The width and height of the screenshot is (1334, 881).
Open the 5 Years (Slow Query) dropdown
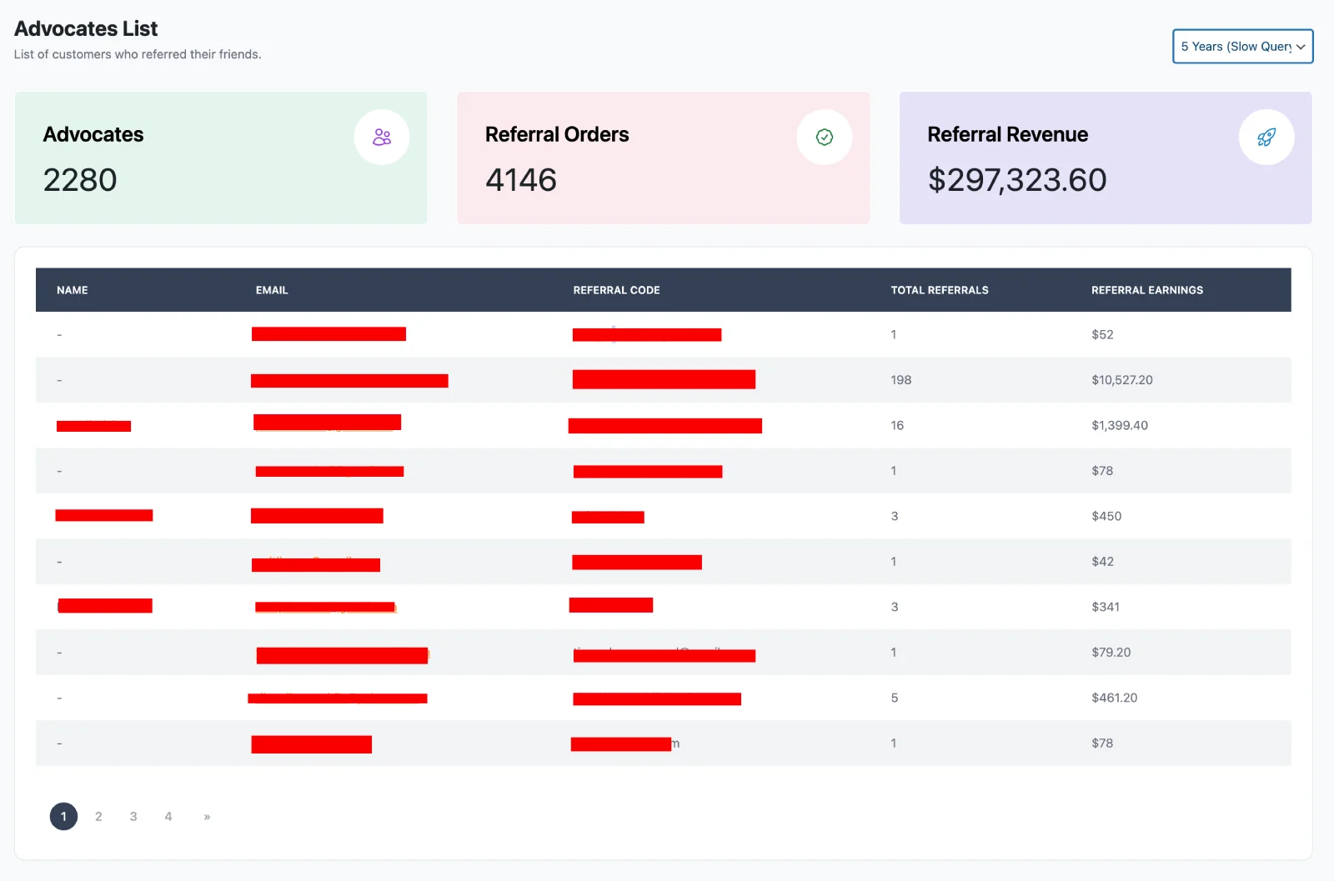[x=1242, y=47]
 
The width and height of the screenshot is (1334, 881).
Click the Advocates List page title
[x=86, y=29]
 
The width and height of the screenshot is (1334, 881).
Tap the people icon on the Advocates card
[x=382, y=138]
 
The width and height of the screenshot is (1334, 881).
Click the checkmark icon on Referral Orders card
[x=824, y=138]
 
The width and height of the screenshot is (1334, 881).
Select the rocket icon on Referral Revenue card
[x=1266, y=138]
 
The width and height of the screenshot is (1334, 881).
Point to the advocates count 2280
[x=80, y=180]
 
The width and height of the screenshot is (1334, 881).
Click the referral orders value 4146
[x=521, y=180]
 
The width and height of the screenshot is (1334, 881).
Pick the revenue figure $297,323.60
[x=1016, y=180]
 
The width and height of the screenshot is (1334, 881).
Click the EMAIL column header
[x=272, y=290]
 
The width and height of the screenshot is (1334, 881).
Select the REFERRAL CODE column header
[x=616, y=290]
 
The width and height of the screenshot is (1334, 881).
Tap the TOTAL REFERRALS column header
[x=939, y=290]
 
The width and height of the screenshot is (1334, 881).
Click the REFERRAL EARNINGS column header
[x=1146, y=290]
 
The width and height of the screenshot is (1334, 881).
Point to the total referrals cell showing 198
[x=900, y=380]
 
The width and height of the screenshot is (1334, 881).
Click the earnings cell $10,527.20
[x=1121, y=380]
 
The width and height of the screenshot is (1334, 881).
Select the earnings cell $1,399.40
[x=1119, y=425]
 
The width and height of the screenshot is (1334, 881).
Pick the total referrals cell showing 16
[x=897, y=425]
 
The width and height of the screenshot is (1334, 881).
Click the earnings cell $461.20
[x=1114, y=698]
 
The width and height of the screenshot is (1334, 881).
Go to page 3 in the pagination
[x=133, y=817]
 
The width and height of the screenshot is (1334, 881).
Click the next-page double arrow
[x=207, y=817]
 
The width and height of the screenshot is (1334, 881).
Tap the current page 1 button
[x=63, y=817]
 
